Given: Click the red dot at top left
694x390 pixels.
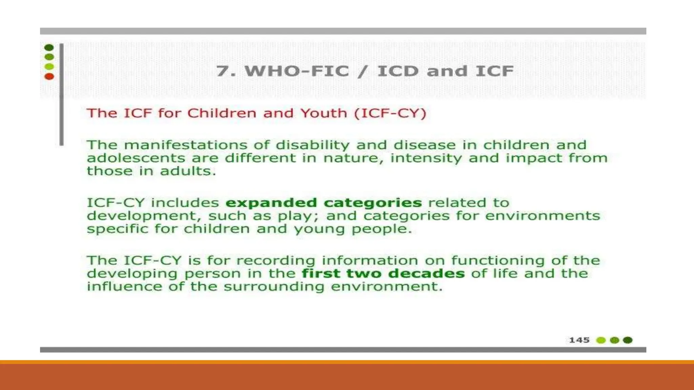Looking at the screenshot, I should [49, 77].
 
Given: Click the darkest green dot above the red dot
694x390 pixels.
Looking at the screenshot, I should [49, 47].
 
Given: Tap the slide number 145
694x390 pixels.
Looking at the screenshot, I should [579, 340].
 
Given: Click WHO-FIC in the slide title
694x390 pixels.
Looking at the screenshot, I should [297, 71].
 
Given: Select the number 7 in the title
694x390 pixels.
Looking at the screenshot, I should [222, 71].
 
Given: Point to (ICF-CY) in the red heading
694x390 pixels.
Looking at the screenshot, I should [390, 113].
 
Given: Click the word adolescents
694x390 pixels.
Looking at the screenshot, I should [136, 158].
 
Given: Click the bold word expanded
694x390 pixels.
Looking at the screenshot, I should [271, 203].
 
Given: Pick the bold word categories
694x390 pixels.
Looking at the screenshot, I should [373, 203].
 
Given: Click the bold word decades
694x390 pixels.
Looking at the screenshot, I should [426, 274].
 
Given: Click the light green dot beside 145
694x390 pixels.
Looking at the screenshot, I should [601, 340].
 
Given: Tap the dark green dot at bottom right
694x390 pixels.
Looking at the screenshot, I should [628, 340].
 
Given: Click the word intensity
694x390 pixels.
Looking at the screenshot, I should [426, 158].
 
